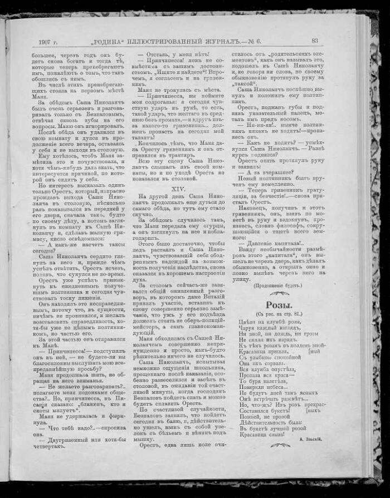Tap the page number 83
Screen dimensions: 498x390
315,40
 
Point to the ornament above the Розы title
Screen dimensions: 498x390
277,294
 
